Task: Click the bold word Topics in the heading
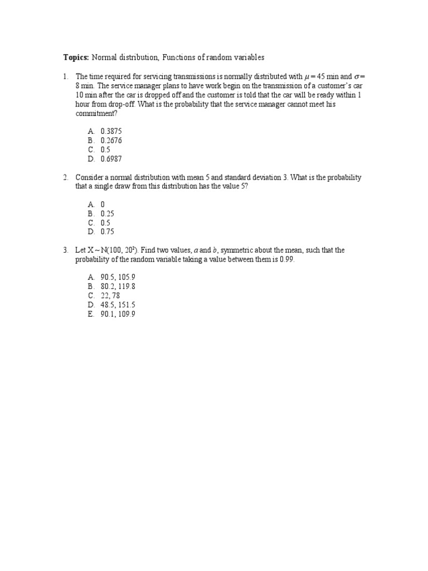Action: (x=76, y=57)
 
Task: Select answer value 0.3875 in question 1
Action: (x=111, y=132)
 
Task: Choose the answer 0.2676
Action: (x=111, y=141)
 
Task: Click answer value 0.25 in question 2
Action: (x=108, y=214)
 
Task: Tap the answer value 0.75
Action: (x=108, y=232)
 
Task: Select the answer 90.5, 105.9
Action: (x=118, y=277)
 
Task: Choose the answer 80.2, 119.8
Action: (x=118, y=287)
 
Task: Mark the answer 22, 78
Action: (x=110, y=296)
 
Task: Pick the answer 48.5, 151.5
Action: (x=118, y=305)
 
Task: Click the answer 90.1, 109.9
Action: (x=118, y=314)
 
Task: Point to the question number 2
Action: (x=65, y=177)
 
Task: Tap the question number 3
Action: (x=65, y=250)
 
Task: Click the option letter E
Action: (x=90, y=314)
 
